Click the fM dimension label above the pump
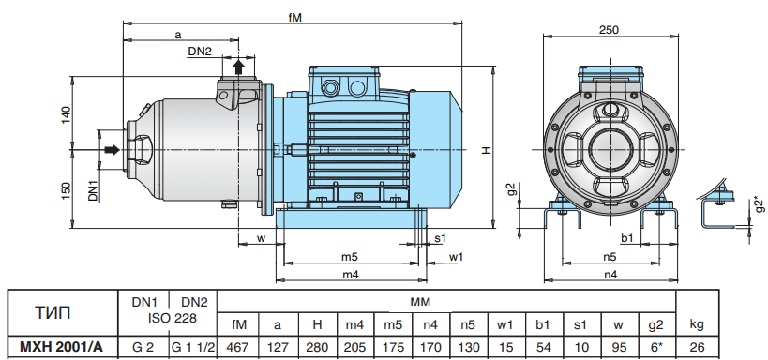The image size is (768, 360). pyautogui.click(x=294, y=17)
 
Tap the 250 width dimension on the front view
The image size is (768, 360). pyautogui.click(x=609, y=29)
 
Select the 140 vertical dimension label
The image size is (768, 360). pyautogui.click(x=67, y=114)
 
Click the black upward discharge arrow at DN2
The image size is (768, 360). pyautogui.click(x=238, y=67)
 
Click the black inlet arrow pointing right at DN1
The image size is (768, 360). pyautogui.click(x=113, y=149)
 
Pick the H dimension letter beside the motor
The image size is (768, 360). pyautogui.click(x=486, y=150)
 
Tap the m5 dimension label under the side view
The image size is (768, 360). pyautogui.click(x=350, y=256)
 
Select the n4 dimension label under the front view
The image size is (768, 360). pyautogui.click(x=610, y=275)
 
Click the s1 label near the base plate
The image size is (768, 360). pyautogui.click(x=441, y=238)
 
